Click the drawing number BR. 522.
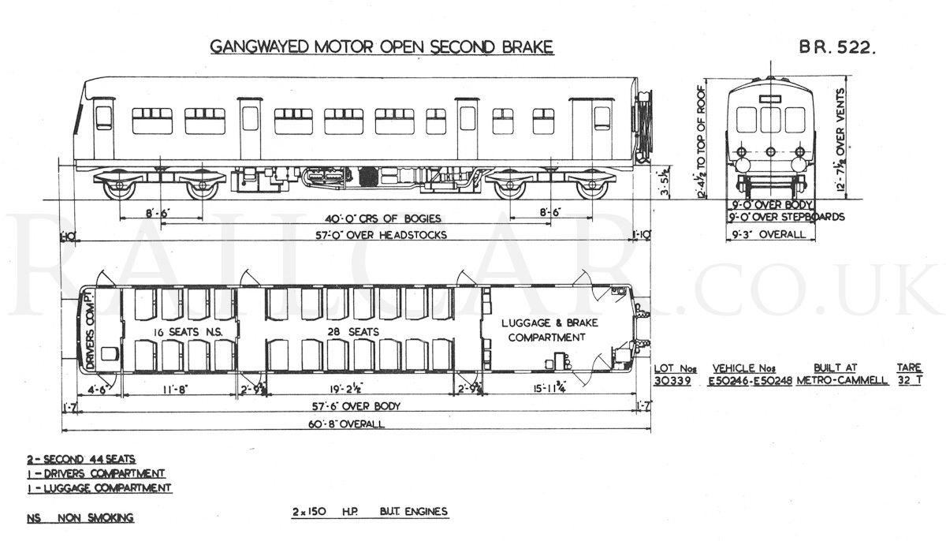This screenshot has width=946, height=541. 837,47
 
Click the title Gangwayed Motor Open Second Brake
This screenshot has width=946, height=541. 382,47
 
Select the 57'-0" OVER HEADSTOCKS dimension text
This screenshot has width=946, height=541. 382,235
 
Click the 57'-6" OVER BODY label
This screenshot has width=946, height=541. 356,406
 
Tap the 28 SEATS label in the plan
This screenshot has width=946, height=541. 353,332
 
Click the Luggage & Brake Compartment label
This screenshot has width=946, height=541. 549,330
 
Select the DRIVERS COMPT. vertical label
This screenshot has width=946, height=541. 90,330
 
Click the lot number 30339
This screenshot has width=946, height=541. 672,381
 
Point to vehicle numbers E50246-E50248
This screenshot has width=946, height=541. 750,381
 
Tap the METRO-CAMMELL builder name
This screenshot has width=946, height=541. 843,380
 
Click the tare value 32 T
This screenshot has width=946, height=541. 910,380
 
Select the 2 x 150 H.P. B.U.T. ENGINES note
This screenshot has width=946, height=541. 370,512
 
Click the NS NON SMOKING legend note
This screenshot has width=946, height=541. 80,518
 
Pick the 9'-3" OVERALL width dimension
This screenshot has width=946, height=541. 769,234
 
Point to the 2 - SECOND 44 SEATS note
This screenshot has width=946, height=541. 81,459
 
